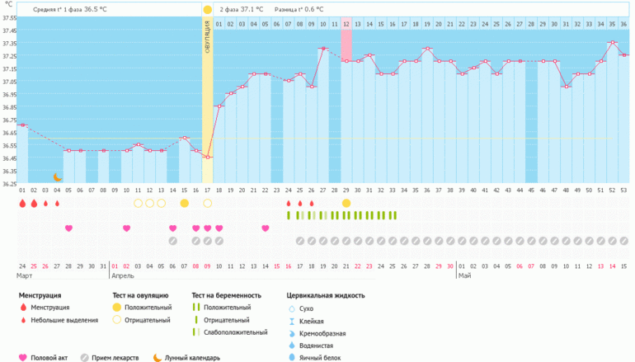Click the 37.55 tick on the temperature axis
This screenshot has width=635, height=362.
click(x=9, y=17)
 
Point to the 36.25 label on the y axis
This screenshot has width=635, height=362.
click(x=9, y=183)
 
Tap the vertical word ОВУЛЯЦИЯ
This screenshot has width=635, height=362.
click(x=208, y=38)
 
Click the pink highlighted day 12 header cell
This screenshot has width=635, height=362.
click(x=346, y=24)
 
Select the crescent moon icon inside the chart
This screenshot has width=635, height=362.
click(x=58, y=176)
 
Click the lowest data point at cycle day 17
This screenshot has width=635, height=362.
click(x=207, y=157)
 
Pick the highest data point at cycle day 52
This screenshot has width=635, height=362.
click(x=612, y=43)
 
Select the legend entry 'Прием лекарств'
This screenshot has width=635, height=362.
click(x=115, y=357)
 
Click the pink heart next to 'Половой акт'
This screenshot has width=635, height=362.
click(x=22, y=357)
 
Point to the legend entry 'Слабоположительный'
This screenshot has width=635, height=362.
click(x=234, y=331)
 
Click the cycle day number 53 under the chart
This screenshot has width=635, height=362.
click(x=623, y=190)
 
